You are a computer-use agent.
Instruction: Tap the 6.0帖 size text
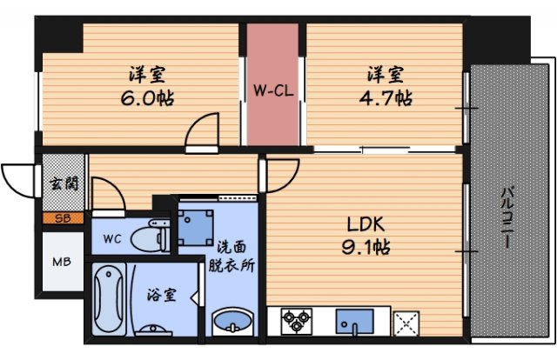tap(147, 97)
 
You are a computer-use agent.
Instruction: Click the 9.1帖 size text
tap(364, 250)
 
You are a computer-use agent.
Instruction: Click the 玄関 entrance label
tap(64, 184)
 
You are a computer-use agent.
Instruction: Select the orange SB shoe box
tap(64, 219)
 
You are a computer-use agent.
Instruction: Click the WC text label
tap(112, 237)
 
